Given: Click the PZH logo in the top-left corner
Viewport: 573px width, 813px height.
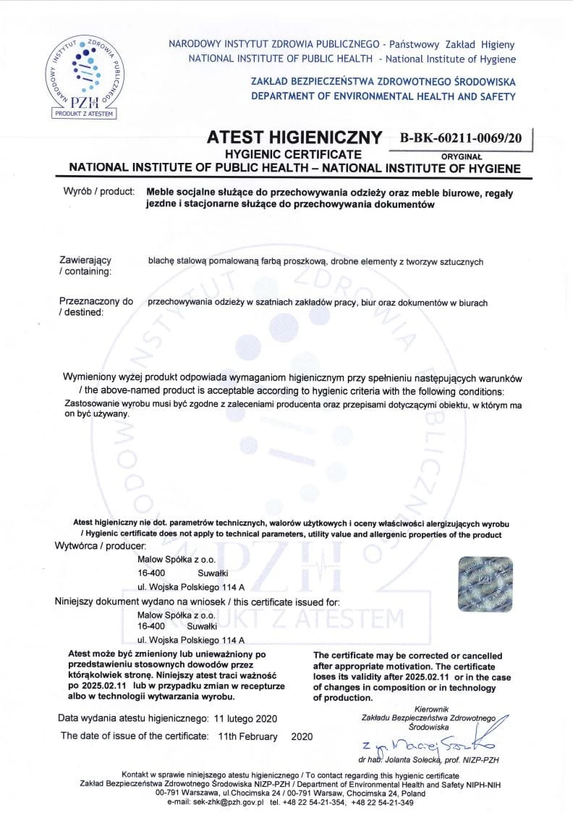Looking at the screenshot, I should point(84,77).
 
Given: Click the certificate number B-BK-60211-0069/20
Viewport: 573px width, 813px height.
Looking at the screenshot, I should point(460,138).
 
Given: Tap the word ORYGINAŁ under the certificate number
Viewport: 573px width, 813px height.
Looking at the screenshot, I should point(462,155).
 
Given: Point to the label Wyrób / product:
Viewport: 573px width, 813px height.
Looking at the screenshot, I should point(99,193).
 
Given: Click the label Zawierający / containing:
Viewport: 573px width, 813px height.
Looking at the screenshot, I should point(85,266).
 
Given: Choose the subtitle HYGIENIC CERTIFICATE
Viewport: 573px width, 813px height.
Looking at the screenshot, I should point(293,154).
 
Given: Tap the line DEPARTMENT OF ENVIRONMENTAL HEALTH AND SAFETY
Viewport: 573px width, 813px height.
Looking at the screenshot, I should point(383,96).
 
